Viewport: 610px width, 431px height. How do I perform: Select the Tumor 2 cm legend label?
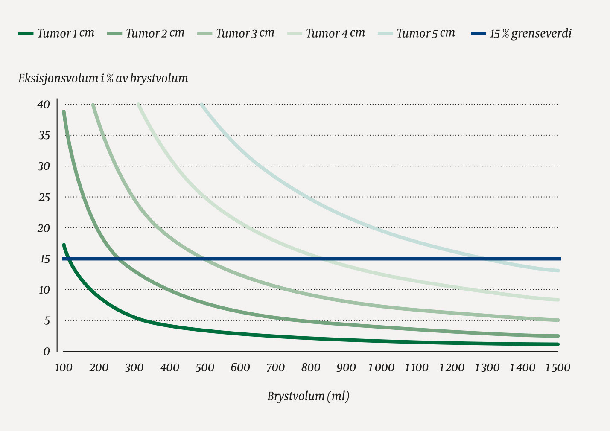tap(155, 33)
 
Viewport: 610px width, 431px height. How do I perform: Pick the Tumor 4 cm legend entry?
tap(335, 33)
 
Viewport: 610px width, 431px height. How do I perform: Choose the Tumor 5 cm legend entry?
tap(426, 33)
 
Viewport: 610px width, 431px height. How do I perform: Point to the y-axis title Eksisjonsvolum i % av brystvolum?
tap(103, 79)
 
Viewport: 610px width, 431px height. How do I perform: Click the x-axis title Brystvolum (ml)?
tap(308, 396)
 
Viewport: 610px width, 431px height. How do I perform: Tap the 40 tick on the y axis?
tap(44, 105)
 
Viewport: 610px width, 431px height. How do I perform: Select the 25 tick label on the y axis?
tap(44, 197)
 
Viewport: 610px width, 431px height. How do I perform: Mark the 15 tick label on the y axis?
tap(44, 259)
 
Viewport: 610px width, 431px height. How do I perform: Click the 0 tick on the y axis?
tap(47, 351)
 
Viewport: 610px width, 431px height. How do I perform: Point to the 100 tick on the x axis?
tap(63, 367)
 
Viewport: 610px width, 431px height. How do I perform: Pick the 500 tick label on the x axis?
tap(204, 367)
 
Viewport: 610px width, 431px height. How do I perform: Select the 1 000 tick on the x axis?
tap(381, 367)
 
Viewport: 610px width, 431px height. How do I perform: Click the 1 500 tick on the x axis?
tap(557, 367)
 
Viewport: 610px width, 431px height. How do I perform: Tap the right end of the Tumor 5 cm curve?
tap(558, 271)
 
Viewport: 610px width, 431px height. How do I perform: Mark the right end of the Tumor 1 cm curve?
tap(558, 344)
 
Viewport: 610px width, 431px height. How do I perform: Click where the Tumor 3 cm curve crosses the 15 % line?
tap(206, 259)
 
